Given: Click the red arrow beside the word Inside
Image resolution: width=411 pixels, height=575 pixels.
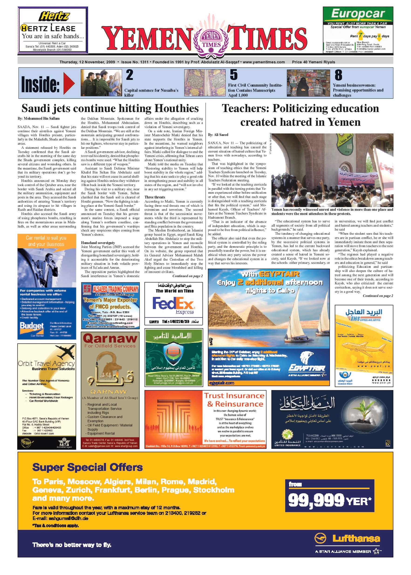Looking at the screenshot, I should pyautogui.click(x=68, y=83).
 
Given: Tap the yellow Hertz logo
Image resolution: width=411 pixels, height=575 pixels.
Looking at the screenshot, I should pyautogui.click(x=54, y=17).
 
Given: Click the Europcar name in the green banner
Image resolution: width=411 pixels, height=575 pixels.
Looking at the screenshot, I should pyautogui.click(x=358, y=14).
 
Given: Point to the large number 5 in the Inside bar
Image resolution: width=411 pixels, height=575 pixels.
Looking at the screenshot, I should pyautogui.click(x=234, y=75).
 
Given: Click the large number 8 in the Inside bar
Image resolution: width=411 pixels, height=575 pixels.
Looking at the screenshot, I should pyautogui.click(x=338, y=75).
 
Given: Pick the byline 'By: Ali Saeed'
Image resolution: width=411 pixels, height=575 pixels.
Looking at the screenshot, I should pyautogui.click(x=218, y=135).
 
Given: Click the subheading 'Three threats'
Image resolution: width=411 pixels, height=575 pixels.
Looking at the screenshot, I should pyautogui.click(x=155, y=197).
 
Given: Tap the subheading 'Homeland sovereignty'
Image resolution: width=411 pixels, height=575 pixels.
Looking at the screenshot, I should pyautogui.click(x=98, y=243).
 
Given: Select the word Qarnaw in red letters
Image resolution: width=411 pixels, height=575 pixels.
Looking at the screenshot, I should pyautogui.click(x=110, y=338).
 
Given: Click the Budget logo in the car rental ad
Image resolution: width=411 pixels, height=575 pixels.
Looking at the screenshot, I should pyautogui.click(x=32, y=326).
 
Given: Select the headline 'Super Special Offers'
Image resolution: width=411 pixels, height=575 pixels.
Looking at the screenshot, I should pyautogui.click(x=87, y=467).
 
